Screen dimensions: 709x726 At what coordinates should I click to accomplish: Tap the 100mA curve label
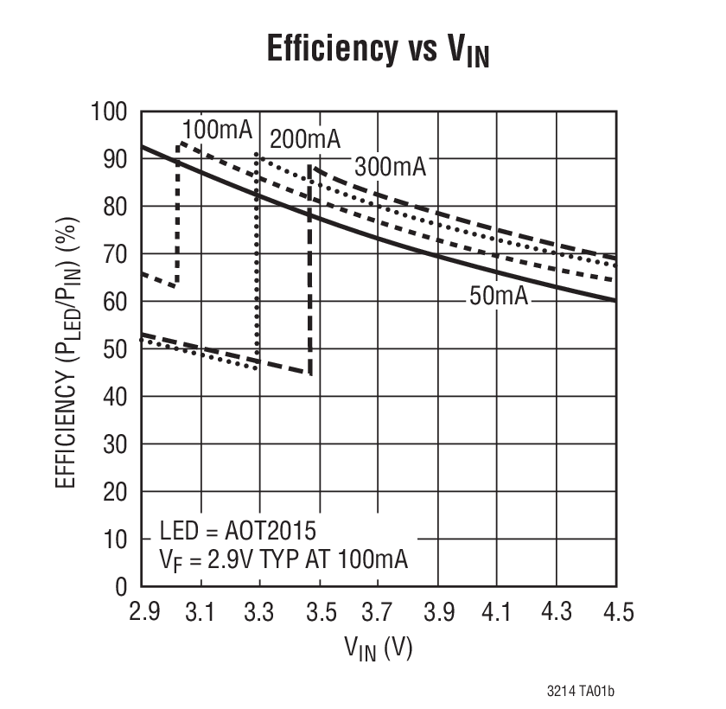tap(217, 131)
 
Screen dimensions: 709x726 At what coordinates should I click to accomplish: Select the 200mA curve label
tap(304, 138)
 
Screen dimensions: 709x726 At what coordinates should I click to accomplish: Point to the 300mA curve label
tap(391, 166)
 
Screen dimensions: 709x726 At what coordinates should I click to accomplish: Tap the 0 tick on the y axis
tap(122, 586)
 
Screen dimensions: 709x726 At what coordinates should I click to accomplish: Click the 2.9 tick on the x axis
tap(143, 612)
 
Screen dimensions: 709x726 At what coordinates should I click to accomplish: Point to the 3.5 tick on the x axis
tap(320, 612)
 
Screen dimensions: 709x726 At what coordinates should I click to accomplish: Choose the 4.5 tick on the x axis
tap(615, 612)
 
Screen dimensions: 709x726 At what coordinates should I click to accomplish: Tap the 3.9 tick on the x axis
tap(438, 612)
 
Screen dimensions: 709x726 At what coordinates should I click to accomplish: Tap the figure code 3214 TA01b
tap(585, 691)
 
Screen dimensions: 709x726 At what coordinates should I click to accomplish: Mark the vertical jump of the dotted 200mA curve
tap(257, 259)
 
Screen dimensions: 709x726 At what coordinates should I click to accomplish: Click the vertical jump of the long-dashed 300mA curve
tap(309, 268)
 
